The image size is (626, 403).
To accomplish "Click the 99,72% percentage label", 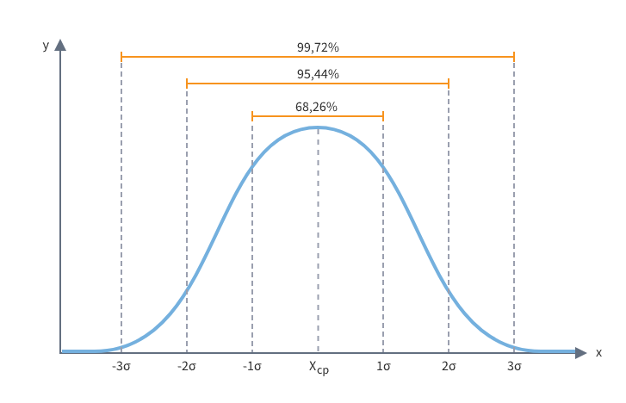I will pos(318,46).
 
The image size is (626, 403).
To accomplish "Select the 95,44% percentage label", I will pos(318,74).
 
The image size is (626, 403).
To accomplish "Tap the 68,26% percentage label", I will pos(316,107).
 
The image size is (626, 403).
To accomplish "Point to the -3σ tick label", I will pos(121,367).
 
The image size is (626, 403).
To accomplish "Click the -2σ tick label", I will pos(187,367).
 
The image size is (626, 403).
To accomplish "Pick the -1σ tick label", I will pos(252,367).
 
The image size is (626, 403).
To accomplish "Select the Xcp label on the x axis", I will pos(319,368).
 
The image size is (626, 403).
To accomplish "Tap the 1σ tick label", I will pos(383,367).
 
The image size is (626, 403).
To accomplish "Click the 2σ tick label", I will pos(449,367).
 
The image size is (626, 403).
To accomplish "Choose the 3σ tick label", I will pos(514,367).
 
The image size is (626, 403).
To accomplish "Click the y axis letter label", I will pos(46,46).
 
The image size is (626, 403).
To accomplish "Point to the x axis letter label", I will pos(598,352).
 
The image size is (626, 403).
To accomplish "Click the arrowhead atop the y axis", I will pos(60,45).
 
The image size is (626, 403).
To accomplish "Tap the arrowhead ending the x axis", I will pos(580,352).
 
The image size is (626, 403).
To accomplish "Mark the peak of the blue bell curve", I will pos(318,127).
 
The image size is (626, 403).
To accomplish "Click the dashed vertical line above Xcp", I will pos(318,241).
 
